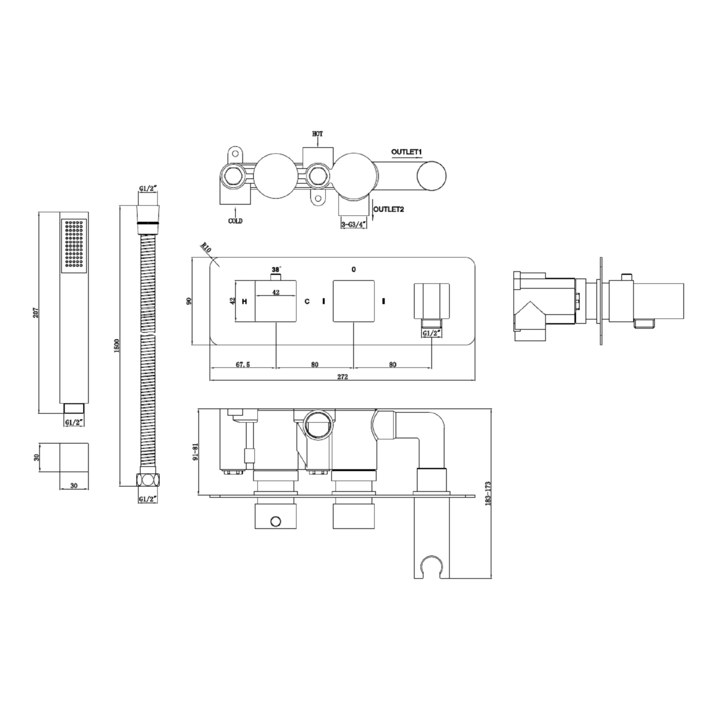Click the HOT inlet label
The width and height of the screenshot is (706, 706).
pos(318,134)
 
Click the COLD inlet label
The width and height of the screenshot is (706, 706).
pos(235,221)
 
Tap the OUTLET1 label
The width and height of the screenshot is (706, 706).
pos(407,152)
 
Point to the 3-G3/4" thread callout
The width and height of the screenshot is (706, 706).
pos(353,225)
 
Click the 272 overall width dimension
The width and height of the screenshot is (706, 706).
pos(342,377)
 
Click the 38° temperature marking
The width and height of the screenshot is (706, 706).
pos(276,270)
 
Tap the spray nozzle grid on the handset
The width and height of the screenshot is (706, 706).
pos(73,245)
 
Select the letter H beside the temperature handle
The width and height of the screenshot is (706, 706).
pos(244,301)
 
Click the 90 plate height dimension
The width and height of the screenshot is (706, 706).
pos(189,301)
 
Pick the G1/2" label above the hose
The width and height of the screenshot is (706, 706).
pos(147,189)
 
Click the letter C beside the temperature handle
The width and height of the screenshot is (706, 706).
pos(307,301)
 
